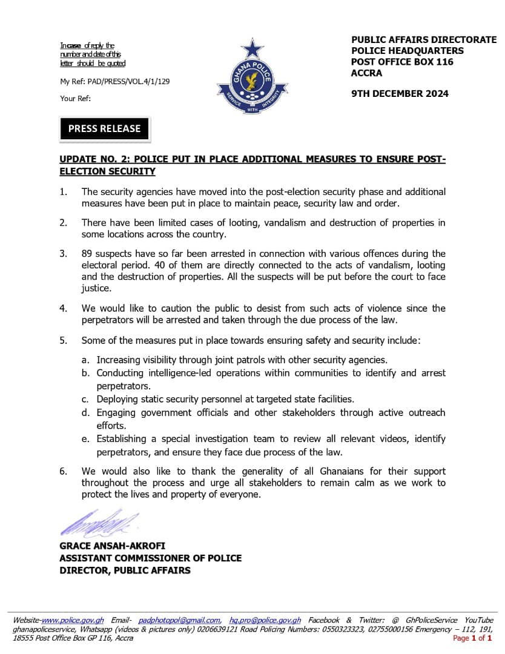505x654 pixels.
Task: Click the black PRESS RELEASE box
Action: pyautogui.click(x=104, y=128)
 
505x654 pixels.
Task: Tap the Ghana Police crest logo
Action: pyautogui.click(x=252, y=79)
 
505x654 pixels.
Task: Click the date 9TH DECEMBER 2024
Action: pyautogui.click(x=400, y=94)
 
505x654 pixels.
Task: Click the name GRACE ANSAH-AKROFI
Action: pyautogui.click(x=112, y=546)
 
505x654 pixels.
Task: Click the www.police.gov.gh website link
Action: pyautogui.click(x=73, y=620)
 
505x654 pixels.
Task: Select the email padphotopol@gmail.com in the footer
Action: pyautogui.click(x=179, y=620)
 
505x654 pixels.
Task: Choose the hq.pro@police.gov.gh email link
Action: pyautogui.click(x=265, y=620)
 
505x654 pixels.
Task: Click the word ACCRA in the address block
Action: pyautogui.click(x=366, y=73)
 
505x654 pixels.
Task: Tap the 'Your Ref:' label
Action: pyautogui.click(x=76, y=99)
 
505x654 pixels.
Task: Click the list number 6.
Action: pyautogui.click(x=63, y=471)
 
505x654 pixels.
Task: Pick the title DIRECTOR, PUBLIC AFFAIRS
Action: pyautogui.click(x=125, y=570)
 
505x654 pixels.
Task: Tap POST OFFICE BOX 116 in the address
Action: pyautogui.click(x=402, y=62)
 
